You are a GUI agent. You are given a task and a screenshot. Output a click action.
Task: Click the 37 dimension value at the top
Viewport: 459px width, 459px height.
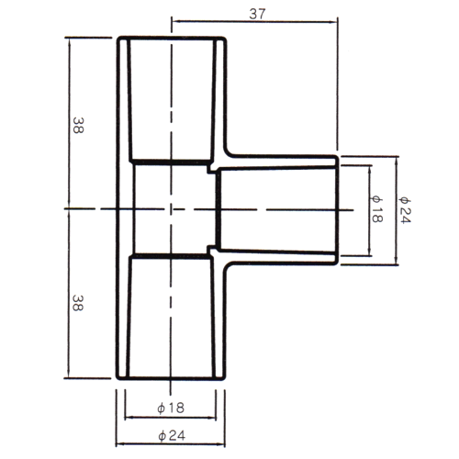click(257, 14)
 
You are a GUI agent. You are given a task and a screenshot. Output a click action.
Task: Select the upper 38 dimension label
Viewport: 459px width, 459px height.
click(78, 126)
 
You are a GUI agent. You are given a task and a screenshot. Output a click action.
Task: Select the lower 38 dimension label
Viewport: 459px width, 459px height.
click(78, 303)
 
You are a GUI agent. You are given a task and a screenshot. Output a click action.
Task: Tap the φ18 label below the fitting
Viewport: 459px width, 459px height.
click(171, 408)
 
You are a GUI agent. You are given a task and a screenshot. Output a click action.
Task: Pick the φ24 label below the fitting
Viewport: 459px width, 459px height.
click(172, 435)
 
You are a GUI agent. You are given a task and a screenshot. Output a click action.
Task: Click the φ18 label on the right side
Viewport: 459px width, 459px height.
click(376, 209)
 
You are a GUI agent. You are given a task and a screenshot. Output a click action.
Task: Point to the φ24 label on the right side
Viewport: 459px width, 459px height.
click(405, 210)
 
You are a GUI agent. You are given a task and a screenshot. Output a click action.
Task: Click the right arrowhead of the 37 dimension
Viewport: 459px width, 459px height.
click(333, 21)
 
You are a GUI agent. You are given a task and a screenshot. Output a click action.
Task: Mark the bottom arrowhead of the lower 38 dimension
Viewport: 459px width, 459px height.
click(68, 374)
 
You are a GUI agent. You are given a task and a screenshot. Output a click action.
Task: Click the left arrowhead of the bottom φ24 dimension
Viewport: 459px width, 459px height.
click(120, 443)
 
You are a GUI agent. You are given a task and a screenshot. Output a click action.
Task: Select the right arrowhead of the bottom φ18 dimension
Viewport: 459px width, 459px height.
click(212, 417)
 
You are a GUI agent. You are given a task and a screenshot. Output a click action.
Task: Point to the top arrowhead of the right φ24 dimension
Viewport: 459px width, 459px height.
click(397, 161)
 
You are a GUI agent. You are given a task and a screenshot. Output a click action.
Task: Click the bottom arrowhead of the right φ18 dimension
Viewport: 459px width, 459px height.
click(370, 251)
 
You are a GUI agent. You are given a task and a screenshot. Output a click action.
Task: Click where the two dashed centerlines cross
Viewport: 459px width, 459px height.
click(171, 209)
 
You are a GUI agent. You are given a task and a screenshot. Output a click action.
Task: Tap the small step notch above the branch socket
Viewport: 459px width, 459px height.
click(211, 169)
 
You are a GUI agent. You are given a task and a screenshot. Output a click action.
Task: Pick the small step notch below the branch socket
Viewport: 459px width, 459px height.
click(211, 250)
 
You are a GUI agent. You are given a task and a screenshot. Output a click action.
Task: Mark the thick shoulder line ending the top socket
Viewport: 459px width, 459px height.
click(172, 162)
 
